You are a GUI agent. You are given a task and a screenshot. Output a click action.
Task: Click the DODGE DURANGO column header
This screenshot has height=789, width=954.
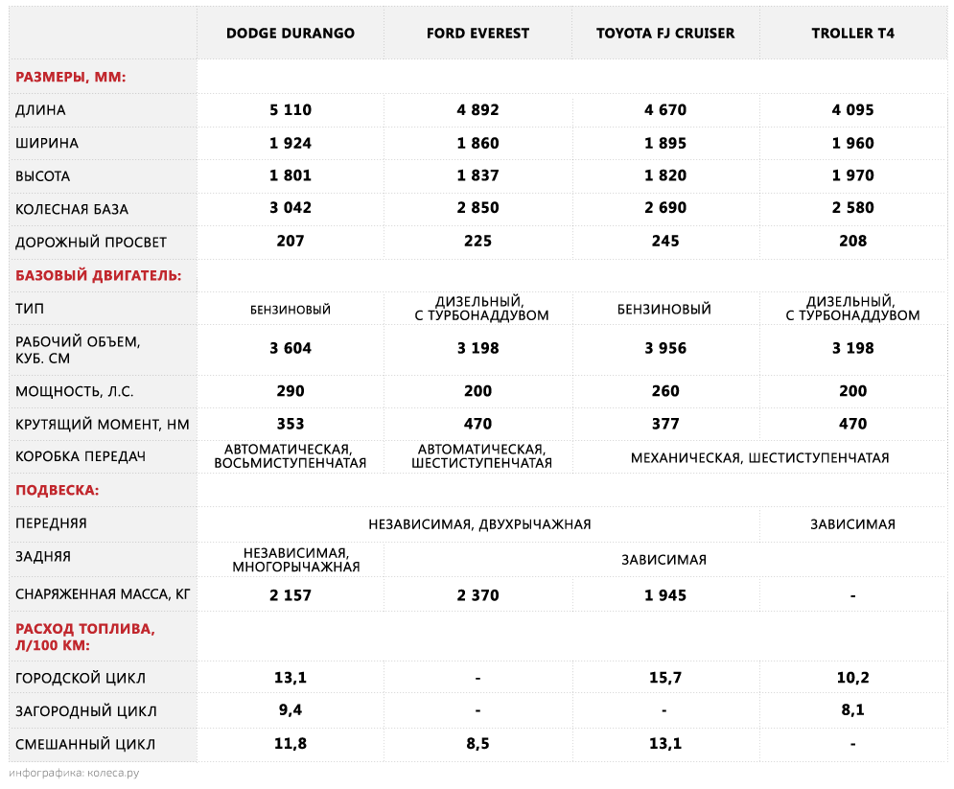pyautogui.click(x=290, y=34)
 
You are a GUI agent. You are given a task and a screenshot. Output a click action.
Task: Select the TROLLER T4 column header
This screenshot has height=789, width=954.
pyautogui.click(x=852, y=34)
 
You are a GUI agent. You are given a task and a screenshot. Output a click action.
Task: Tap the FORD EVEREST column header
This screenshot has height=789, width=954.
pyautogui.click(x=477, y=34)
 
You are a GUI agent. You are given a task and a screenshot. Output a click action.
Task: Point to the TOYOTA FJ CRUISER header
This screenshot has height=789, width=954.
pyautogui.click(x=665, y=34)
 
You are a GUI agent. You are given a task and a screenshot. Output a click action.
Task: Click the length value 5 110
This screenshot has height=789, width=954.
pyautogui.click(x=291, y=110)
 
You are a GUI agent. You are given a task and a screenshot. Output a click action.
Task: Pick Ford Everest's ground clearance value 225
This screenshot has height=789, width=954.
pyautogui.click(x=477, y=242)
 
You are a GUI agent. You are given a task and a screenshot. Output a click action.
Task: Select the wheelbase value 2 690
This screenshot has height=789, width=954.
pyautogui.click(x=665, y=209)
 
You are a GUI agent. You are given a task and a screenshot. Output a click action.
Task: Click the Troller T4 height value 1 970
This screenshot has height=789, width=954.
pyautogui.click(x=852, y=176)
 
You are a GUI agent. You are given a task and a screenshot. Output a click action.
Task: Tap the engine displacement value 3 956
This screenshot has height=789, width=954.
pyautogui.click(x=665, y=349)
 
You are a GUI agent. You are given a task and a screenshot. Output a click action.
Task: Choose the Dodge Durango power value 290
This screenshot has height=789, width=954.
pyautogui.click(x=291, y=391)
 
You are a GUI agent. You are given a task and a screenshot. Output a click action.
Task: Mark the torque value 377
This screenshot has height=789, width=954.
pyautogui.click(x=665, y=424)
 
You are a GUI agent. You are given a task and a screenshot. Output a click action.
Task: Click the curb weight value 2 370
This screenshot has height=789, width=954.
pyautogui.click(x=477, y=595)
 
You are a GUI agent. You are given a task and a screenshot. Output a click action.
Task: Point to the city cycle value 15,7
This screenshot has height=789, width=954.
pyautogui.click(x=665, y=679)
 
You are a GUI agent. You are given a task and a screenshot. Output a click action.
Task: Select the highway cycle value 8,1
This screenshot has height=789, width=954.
pyautogui.click(x=852, y=711)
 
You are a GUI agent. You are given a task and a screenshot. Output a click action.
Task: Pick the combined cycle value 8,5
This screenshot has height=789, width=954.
pyautogui.click(x=477, y=744)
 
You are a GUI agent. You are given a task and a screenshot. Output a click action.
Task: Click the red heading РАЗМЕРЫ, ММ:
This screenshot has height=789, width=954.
pyautogui.click(x=71, y=77)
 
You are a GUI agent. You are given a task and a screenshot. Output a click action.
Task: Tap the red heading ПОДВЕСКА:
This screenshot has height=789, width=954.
pyautogui.click(x=58, y=491)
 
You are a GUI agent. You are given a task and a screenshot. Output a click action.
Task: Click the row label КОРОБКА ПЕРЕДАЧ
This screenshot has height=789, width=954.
pyautogui.click(x=81, y=456)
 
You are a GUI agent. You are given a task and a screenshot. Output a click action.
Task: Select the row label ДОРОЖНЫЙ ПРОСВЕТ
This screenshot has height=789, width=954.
pyautogui.click(x=91, y=242)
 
